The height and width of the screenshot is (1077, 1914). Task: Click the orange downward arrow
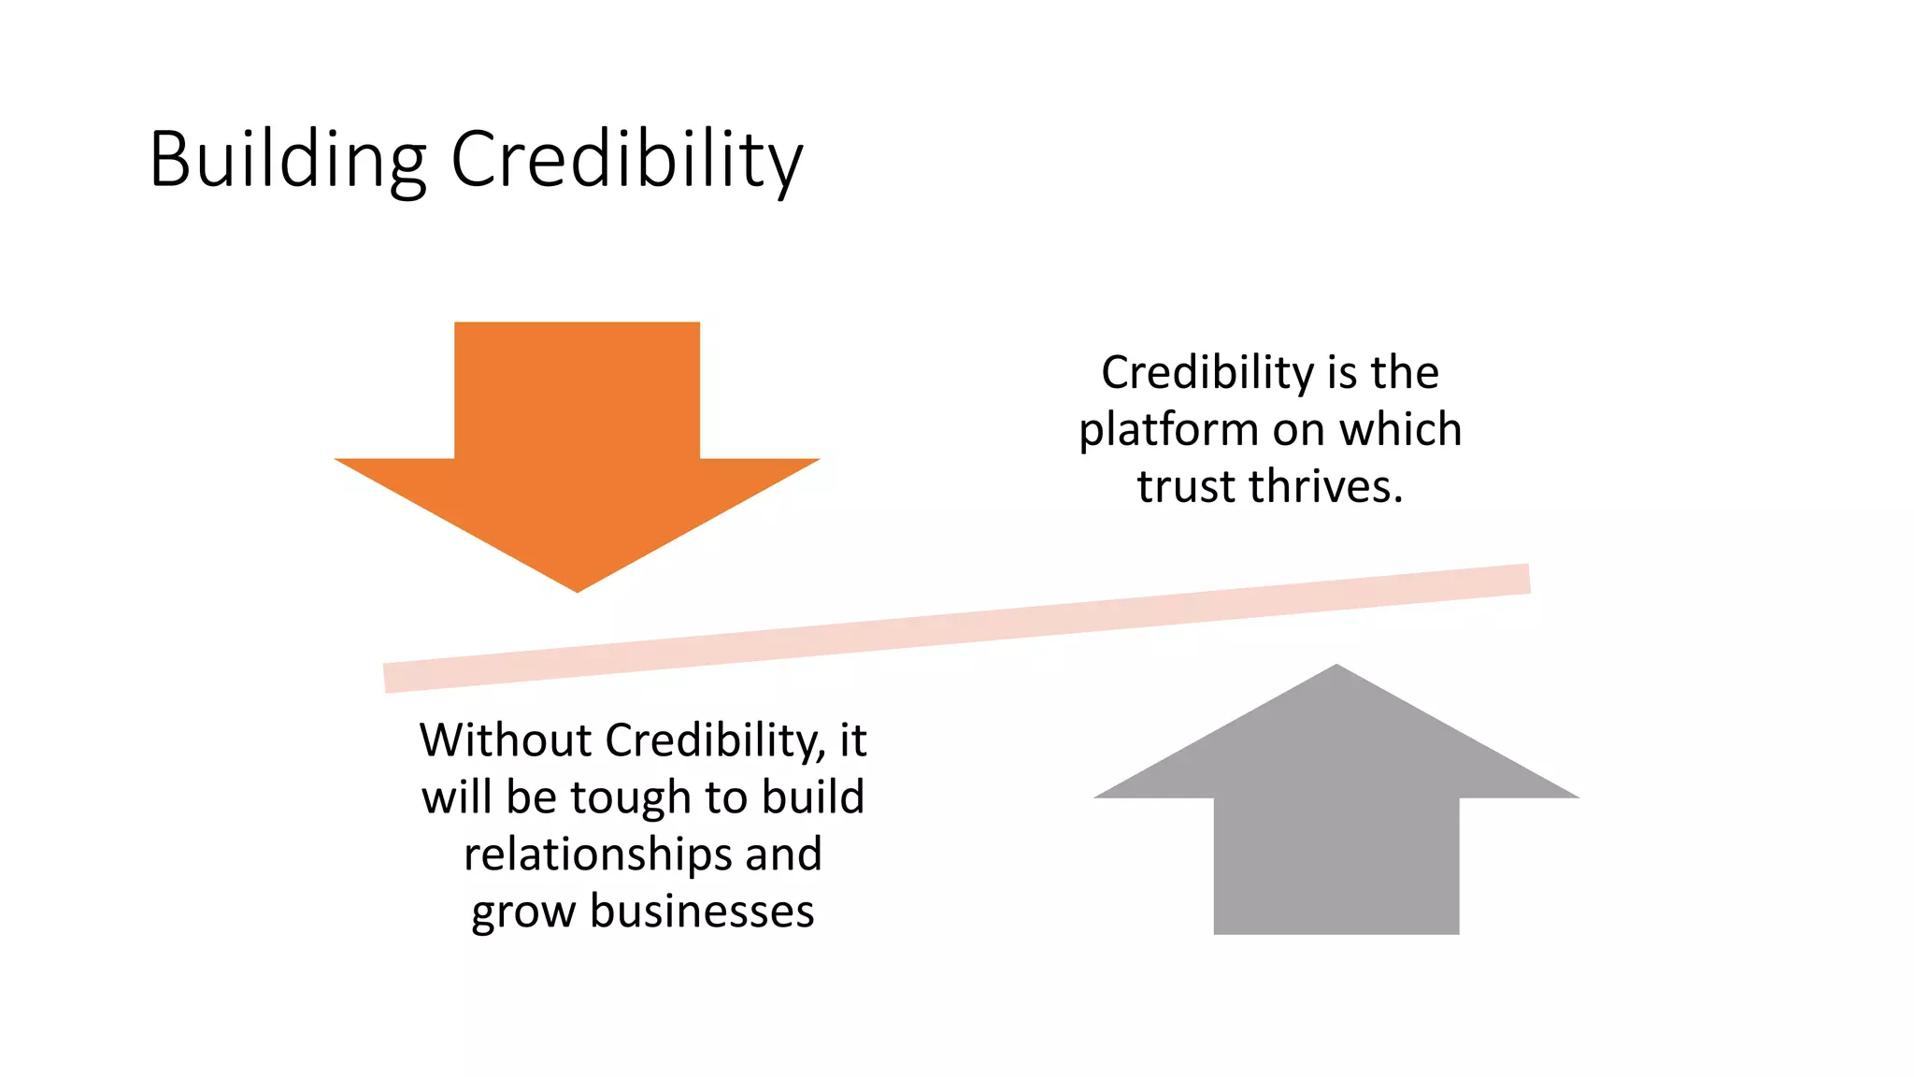(577, 439)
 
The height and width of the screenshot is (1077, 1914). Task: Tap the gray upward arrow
(1336, 813)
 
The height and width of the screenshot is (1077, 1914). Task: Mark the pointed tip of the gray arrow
(1336, 668)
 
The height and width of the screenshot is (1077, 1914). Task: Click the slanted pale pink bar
(957, 628)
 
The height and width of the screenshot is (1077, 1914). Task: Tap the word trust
(1187, 487)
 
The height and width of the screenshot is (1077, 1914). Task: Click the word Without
(505, 740)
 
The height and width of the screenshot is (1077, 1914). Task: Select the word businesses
(702, 912)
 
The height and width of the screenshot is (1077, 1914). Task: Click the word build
(812, 797)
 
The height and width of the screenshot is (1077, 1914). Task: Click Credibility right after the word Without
(715, 740)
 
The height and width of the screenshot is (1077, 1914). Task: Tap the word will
(455, 797)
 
